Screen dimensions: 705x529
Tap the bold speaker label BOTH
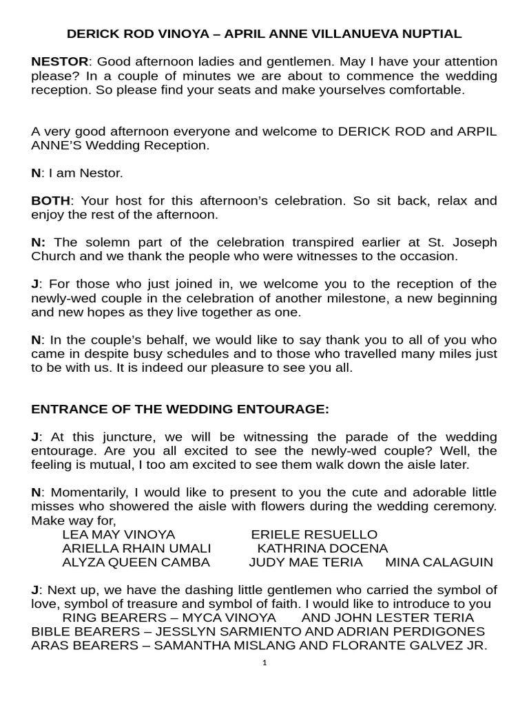[x=51, y=201]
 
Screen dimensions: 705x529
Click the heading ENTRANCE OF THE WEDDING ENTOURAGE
[x=180, y=409]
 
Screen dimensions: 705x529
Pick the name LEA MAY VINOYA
[x=118, y=534]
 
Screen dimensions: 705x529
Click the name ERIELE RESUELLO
[x=314, y=534]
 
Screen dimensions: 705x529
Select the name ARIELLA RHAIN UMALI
[x=136, y=548]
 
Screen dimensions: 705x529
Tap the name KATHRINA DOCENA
[x=322, y=548]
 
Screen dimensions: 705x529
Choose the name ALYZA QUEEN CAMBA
[x=136, y=562]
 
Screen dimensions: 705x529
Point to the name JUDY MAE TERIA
[x=305, y=562]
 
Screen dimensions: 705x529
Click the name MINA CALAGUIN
[x=439, y=562]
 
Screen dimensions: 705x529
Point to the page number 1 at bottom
[x=264, y=663]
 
